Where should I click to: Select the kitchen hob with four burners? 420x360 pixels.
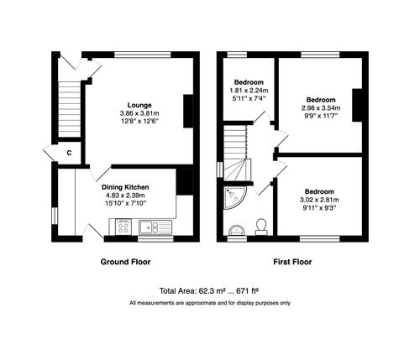pos(123,227)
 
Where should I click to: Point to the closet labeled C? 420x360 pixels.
pos(69,154)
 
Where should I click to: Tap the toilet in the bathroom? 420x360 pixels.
pos(261,225)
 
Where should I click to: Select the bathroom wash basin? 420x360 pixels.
pos(234,227)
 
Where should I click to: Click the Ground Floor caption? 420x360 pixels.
pos(126,262)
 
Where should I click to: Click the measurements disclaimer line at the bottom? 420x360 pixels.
pos(209,302)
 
